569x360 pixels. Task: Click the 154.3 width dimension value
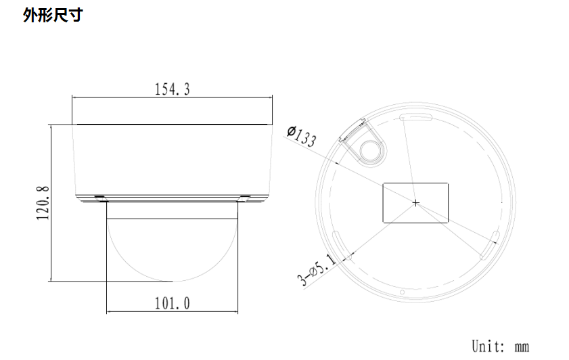[172, 89]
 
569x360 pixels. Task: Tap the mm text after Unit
[521, 347]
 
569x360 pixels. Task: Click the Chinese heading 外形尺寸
[53, 15]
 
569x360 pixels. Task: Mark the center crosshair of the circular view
[415, 202]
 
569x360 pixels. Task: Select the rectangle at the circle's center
[415, 202]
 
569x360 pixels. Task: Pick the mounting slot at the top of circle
[416, 118]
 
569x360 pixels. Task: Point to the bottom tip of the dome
[171, 282]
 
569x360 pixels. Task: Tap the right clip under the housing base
[244, 198]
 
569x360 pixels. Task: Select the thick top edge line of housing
[172, 125]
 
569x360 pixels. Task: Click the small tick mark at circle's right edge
[501, 202]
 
